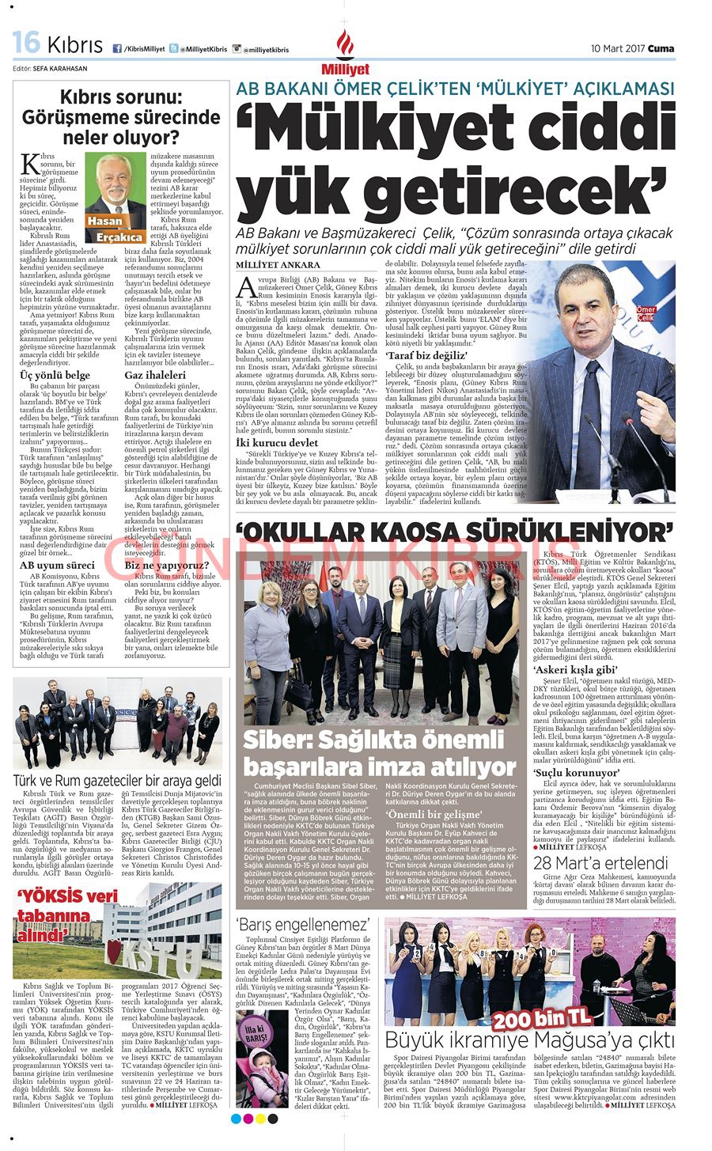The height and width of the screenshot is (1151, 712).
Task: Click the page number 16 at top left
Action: (x=26, y=43)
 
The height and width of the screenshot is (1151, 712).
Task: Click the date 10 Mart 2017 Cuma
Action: (x=633, y=49)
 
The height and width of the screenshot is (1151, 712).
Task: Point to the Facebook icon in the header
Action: (x=117, y=49)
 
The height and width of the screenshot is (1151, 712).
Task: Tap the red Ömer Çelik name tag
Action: (x=646, y=313)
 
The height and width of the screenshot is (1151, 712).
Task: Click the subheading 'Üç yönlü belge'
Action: (x=55, y=375)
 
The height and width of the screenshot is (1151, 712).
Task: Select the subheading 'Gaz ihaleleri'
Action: (x=154, y=374)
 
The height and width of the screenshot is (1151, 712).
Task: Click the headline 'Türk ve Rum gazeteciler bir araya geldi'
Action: (x=118, y=781)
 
